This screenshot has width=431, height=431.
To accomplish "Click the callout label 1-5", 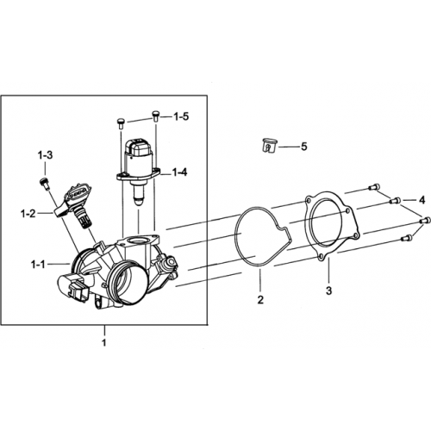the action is [x=181, y=116].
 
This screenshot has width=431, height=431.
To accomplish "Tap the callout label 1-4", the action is [x=179, y=172].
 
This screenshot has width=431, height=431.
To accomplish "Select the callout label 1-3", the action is [x=45, y=155].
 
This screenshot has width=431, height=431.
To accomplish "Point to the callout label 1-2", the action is [x=28, y=214].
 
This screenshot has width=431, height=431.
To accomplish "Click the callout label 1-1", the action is [x=38, y=265].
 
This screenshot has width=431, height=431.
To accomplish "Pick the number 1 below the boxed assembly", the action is [x=104, y=342].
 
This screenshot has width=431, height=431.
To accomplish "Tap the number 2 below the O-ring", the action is [x=260, y=300].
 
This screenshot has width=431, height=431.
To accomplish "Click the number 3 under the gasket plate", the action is [x=328, y=290].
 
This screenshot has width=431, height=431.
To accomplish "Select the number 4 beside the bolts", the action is [x=422, y=200].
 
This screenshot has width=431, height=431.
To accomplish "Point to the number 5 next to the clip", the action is [x=304, y=147].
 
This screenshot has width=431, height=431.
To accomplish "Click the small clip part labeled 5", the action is [x=269, y=146].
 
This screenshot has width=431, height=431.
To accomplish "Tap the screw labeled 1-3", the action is [x=44, y=184].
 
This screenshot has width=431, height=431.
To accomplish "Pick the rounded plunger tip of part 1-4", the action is [x=139, y=201].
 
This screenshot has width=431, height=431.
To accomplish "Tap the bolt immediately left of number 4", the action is [x=396, y=201].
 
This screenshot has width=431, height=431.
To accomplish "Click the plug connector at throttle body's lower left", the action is [x=75, y=290].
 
